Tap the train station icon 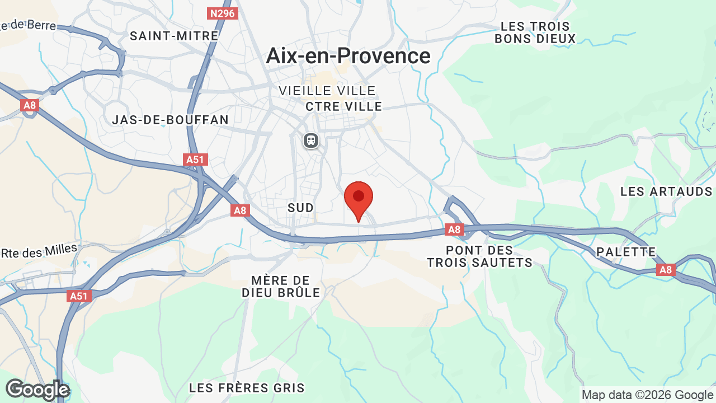(x=311, y=140)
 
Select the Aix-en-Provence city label (x=348, y=56)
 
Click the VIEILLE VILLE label (x=327, y=91)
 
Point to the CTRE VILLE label (x=344, y=106)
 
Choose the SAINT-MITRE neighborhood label (x=174, y=36)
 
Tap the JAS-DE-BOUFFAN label (x=171, y=120)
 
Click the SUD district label (x=300, y=208)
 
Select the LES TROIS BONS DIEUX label (x=535, y=32)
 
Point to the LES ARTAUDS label (x=666, y=191)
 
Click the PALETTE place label (x=625, y=252)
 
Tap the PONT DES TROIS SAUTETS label (x=480, y=256)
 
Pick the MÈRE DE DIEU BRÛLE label (x=281, y=287)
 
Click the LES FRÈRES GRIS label (x=247, y=388)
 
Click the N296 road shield (x=223, y=13)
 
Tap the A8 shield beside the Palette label (x=665, y=270)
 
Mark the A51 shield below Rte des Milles (x=79, y=296)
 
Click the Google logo (x=37, y=390)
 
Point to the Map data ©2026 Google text (x=647, y=395)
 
